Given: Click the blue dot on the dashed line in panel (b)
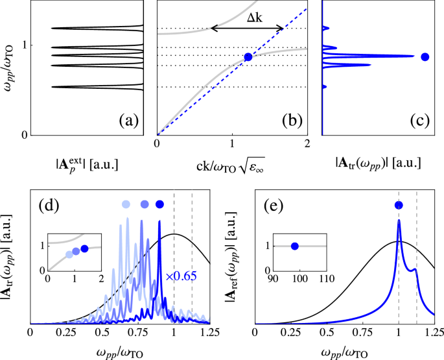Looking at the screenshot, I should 248,57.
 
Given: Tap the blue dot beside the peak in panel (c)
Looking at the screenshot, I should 425,57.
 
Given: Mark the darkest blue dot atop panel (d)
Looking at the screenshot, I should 160,204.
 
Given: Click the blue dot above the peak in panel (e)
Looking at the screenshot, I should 399,205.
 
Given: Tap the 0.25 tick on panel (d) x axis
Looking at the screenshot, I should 65,333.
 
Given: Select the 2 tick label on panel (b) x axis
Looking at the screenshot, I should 307,143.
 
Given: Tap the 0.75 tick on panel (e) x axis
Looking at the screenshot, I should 363,333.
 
